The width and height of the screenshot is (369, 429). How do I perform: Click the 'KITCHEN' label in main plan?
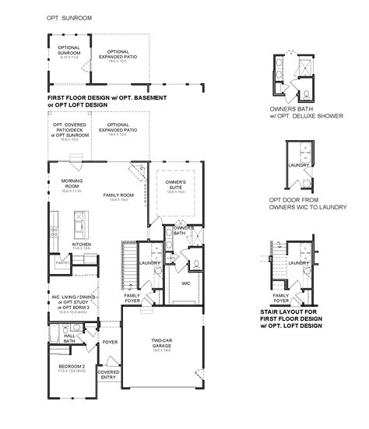point(83,244)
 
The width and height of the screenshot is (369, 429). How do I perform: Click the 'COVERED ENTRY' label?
point(108,374)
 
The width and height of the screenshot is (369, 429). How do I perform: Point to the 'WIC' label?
point(186,283)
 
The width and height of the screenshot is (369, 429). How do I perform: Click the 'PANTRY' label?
point(61,263)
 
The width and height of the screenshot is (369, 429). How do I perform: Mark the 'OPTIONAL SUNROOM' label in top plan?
point(64,52)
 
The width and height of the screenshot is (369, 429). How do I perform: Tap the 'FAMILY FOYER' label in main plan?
point(132,298)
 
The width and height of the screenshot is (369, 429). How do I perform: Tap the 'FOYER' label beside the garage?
point(110,342)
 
